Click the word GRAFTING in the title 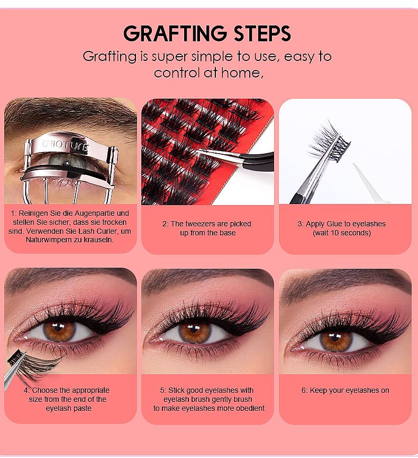point(175,33)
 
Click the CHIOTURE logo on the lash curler point(65,145)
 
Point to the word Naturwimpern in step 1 point(48,240)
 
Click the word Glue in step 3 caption point(334,224)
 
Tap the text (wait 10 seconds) point(342,233)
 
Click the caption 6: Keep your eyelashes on point(345,390)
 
